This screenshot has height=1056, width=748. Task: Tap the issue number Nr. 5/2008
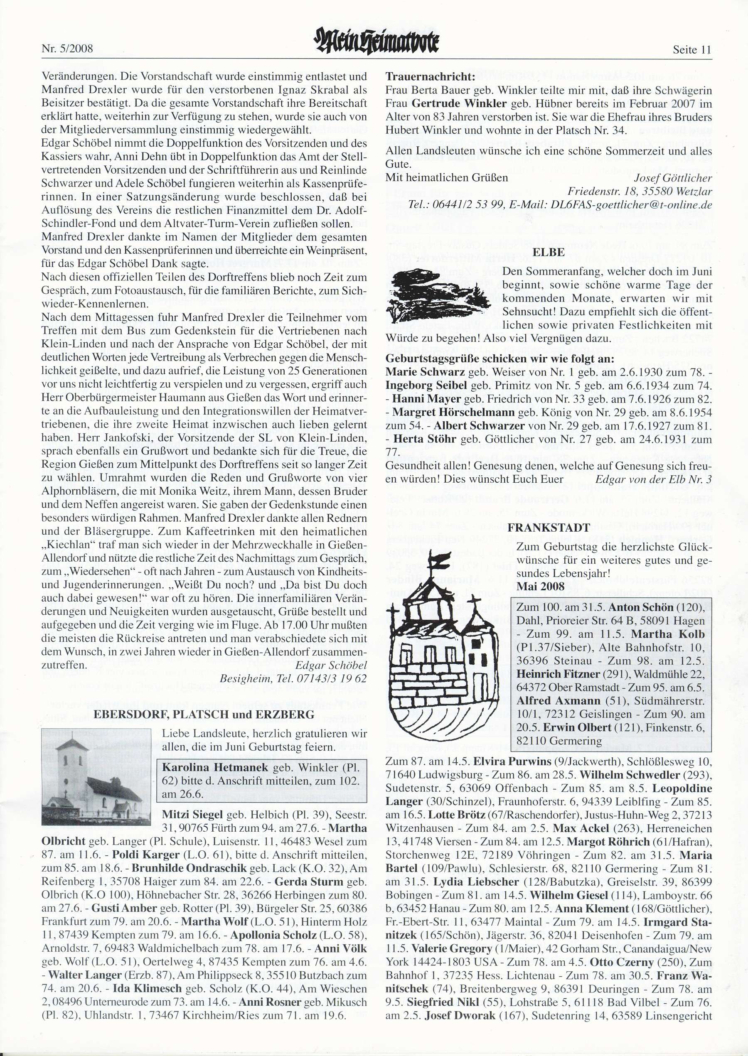click(67, 48)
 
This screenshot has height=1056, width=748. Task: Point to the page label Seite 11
click(692, 50)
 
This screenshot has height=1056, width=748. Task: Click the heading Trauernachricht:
click(430, 76)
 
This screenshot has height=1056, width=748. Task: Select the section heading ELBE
click(549, 252)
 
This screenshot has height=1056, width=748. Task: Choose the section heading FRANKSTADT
click(549, 528)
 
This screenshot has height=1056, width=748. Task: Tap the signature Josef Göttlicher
click(672, 178)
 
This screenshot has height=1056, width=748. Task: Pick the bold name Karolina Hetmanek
click(215, 767)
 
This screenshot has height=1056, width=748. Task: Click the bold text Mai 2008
click(540, 587)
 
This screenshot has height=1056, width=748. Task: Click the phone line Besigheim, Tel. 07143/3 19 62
click(293, 679)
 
